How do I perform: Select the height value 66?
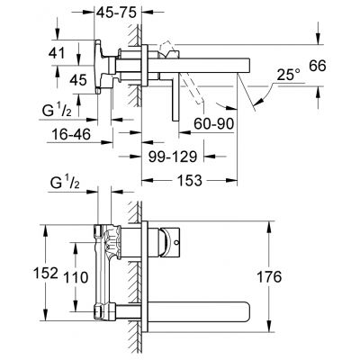click(339, 67)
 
